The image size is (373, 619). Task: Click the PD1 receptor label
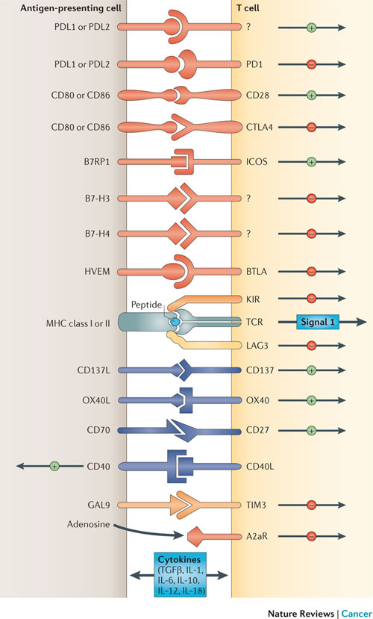254,64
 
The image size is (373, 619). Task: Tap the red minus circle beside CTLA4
312,127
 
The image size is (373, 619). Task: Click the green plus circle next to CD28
312,95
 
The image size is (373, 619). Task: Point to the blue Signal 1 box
317,322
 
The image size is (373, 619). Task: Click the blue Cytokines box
179,574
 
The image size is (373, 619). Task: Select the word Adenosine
88,525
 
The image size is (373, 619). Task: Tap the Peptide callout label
146,305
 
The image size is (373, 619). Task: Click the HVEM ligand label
96,272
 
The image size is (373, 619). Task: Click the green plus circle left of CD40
54,466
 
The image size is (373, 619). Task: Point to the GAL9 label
98,505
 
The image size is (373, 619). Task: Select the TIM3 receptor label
256,505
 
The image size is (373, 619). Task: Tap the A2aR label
257,537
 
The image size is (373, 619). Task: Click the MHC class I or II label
78,324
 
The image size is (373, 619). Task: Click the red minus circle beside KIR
312,299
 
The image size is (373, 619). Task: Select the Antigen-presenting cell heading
71,8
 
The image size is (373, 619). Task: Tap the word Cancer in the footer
357,613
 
